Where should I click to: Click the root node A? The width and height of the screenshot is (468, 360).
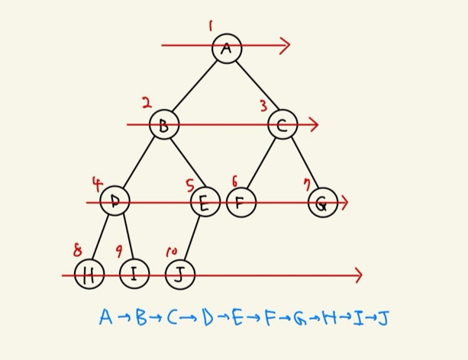point(227,49)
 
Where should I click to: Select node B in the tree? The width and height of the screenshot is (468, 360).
point(163,124)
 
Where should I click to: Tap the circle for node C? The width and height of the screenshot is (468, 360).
point(282,124)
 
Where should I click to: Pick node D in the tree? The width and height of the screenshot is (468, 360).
point(115,201)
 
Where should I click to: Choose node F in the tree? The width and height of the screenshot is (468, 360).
point(240,202)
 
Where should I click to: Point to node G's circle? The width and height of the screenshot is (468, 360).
point(322,203)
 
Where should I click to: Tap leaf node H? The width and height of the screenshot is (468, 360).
point(89,275)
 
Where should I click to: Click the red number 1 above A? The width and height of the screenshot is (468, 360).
point(210,27)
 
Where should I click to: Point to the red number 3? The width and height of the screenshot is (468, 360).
point(263,106)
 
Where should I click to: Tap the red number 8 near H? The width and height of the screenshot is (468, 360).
point(77,250)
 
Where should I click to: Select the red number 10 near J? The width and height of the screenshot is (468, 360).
point(171,251)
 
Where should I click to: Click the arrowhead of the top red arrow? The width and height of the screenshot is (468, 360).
point(286,46)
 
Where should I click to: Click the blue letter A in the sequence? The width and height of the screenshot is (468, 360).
point(105,317)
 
